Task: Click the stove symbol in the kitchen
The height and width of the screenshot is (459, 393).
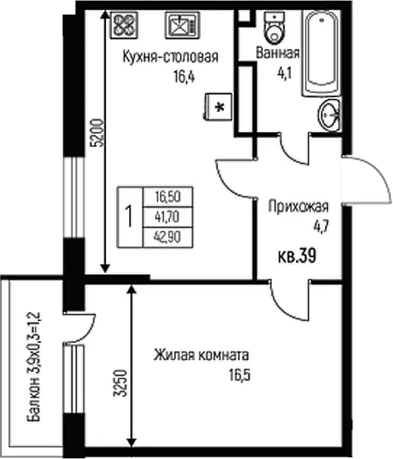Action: pyautogui.click(x=124, y=25)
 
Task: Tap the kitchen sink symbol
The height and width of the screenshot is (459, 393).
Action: pyautogui.click(x=182, y=25)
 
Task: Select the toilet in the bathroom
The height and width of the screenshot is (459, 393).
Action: pyautogui.click(x=274, y=27)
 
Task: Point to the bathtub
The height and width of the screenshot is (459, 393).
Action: pyautogui.click(x=321, y=52)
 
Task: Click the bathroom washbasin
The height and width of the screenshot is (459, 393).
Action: pyautogui.click(x=329, y=115)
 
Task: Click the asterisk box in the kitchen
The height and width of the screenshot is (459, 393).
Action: pyautogui.click(x=219, y=106)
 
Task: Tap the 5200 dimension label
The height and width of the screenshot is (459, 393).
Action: pyautogui.click(x=97, y=133)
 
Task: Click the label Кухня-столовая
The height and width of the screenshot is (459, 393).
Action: pyautogui.click(x=171, y=56)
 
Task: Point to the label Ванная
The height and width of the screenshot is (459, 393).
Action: pyautogui.click(x=278, y=53)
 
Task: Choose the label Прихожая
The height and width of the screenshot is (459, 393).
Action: pyautogui.click(x=298, y=207)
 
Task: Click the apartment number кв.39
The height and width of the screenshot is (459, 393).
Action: pyautogui.click(x=297, y=256)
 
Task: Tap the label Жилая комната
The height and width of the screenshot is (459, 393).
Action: pyautogui.click(x=201, y=355)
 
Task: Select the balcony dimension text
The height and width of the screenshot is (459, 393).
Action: pyautogui.click(x=33, y=367)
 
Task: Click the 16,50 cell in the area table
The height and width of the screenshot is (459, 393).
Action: pyautogui.click(x=167, y=197)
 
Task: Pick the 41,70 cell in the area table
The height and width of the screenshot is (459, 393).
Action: pyautogui.click(x=167, y=217)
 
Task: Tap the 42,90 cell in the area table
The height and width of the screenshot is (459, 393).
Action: pyautogui.click(x=167, y=237)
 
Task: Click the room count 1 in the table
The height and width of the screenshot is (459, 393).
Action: pyautogui.click(x=129, y=217)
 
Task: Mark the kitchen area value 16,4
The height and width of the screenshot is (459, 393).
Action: pyautogui.click(x=184, y=77)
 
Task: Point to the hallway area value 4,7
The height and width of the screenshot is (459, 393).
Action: pyautogui.click(x=322, y=227)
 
